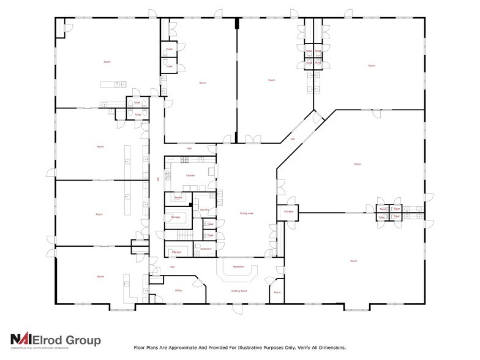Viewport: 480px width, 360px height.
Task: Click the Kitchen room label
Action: coord(190,176)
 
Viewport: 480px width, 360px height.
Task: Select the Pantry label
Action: coord(179,198)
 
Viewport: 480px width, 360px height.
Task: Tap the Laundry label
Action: coord(205,210)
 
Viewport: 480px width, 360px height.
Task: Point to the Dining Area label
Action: coord(247,214)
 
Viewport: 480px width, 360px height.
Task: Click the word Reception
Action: coord(239,267)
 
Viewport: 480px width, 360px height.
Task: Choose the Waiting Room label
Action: coord(239,291)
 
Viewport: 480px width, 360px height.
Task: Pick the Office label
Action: coord(179,290)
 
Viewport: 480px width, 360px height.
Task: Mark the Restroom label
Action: coord(206,249)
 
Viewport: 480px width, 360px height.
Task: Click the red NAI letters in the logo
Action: coord(23,340)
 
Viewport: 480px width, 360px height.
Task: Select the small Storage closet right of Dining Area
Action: coord(288,212)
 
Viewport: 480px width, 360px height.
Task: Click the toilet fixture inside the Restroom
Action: coord(197,249)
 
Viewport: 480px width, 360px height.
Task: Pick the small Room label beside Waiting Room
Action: coord(277,293)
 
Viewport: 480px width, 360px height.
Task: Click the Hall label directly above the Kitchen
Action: coord(190,148)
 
